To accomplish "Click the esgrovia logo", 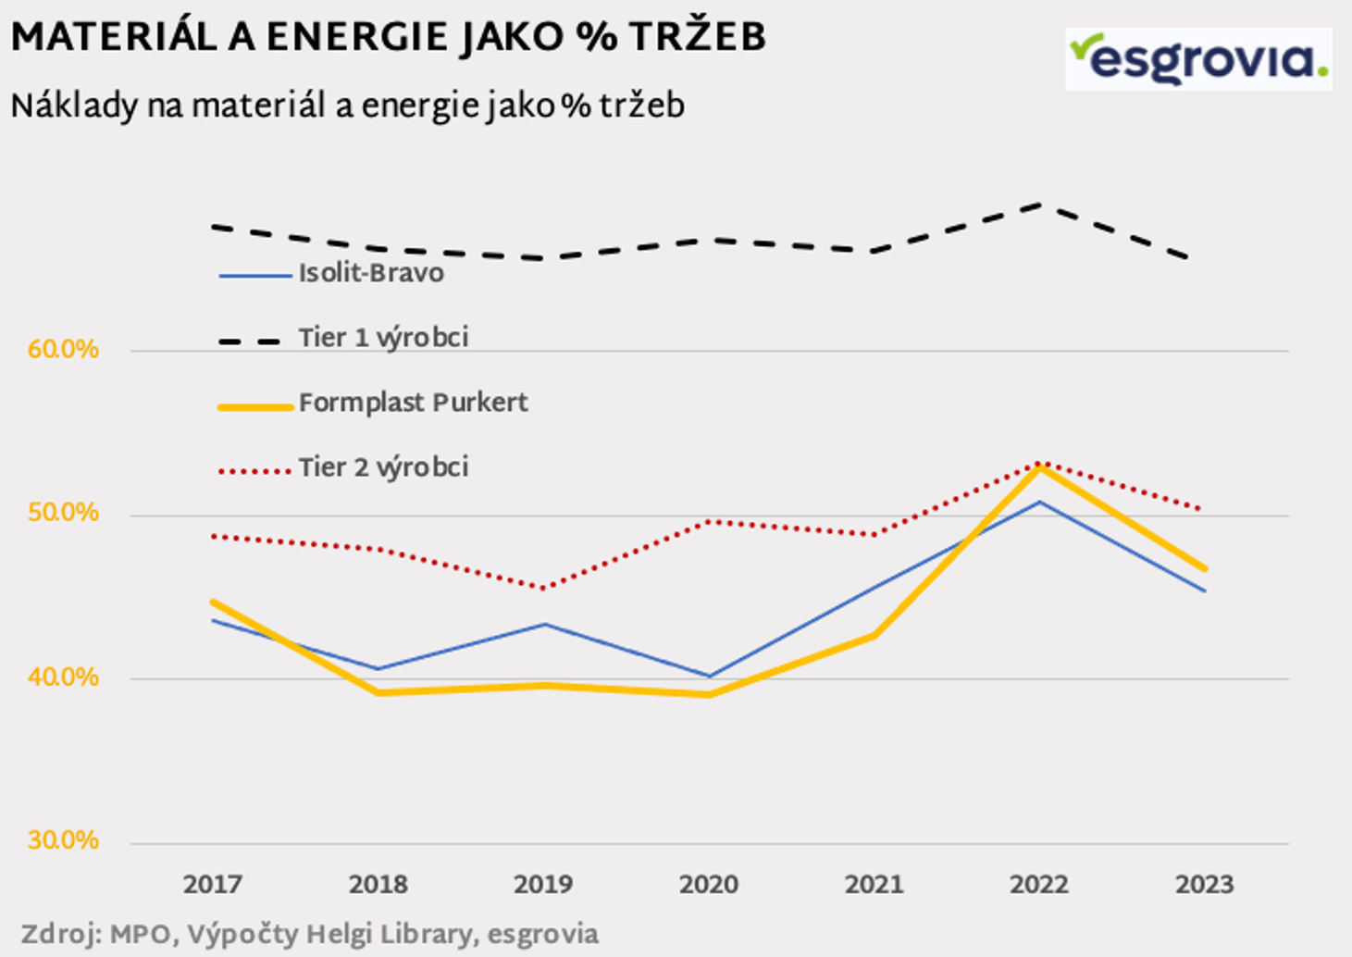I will click(1197, 59).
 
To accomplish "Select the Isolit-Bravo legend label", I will click(370, 273).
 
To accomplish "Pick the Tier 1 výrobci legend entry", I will click(382, 338).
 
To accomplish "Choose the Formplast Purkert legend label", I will click(413, 403).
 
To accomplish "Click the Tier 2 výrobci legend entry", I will click(382, 467).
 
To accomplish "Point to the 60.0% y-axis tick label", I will click(63, 350).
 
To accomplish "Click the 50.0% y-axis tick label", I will click(63, 513).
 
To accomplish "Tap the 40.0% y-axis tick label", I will click(63, 677).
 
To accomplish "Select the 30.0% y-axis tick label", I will click(63, 840).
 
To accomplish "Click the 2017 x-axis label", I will click(213, 885).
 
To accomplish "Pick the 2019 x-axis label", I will click(543, 885).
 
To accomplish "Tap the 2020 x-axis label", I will click(709, 885).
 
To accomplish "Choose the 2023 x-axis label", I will click(1205, 885).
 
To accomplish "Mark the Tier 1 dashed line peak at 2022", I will click(1039, 205).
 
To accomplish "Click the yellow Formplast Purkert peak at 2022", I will click(1039, 467).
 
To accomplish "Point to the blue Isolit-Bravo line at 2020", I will click(709, 676).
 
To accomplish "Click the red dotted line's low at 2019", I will click(543, 588).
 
